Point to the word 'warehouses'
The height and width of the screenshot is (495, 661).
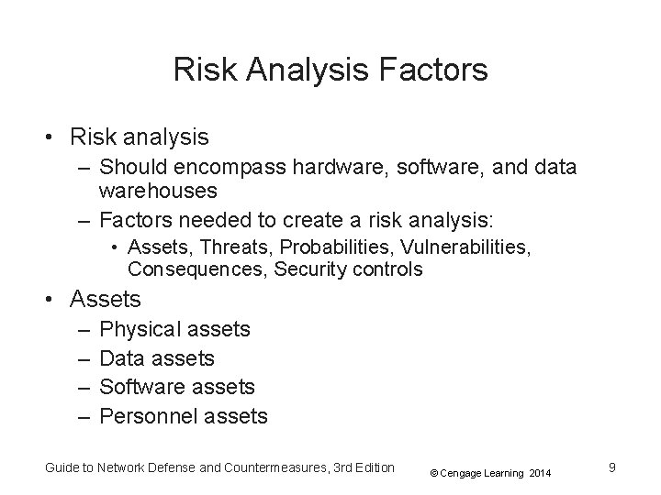158,191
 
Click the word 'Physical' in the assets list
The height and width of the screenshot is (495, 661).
140,328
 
